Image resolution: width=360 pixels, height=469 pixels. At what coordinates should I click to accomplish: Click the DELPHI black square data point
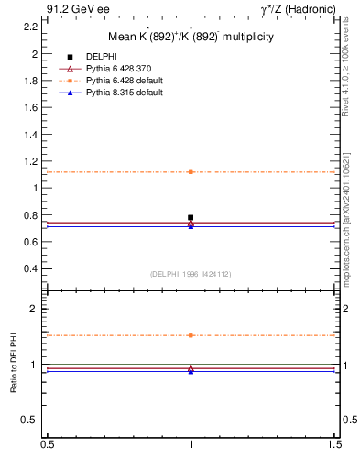pos(191,217)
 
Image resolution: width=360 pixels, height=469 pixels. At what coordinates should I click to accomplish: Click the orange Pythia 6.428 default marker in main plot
pos(191,172)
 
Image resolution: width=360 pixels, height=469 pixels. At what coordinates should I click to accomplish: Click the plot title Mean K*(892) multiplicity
pos(191,37)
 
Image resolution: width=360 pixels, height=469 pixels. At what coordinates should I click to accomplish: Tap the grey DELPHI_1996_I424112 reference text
pos(191,273)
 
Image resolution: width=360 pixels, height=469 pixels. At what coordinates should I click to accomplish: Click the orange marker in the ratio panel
pos(191,335)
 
